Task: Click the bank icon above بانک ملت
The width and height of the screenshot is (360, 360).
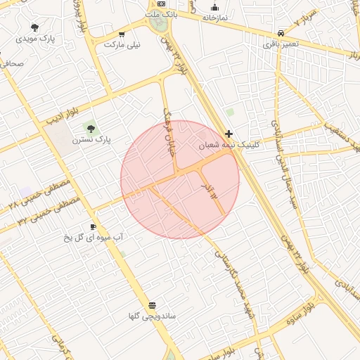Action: coord(162,4)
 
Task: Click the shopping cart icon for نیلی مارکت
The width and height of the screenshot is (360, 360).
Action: coord(122,34)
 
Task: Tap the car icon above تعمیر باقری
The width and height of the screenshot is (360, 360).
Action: coord(281,33)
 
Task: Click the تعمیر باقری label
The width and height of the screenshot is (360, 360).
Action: coord(281,44)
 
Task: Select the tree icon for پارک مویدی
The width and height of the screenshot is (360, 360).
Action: coord(34,27)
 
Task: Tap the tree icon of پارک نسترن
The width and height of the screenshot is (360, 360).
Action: coord(90,127)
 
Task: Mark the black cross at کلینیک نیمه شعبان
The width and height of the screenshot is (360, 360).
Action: coord(229,134)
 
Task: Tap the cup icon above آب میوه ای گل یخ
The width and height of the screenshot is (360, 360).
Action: coord(93,226)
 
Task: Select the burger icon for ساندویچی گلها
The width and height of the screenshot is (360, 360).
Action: coord(152,304)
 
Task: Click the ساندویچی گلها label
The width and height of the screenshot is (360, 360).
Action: coord(153,316)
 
